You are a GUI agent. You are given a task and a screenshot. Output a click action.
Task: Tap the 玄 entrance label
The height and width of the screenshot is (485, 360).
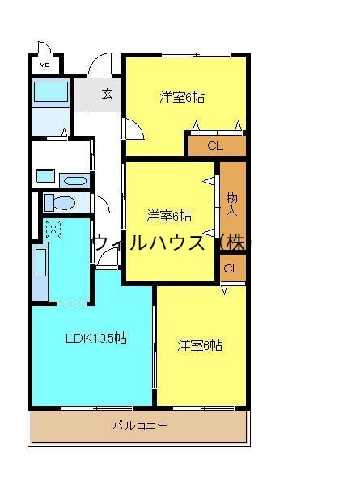(107, 93)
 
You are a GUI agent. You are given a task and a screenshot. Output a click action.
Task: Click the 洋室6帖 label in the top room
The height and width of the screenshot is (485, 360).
(181, 97)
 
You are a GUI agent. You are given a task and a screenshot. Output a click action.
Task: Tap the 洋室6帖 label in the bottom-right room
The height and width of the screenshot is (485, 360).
(199, 345)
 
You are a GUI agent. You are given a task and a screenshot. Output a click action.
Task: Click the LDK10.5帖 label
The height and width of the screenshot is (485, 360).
(95, 338)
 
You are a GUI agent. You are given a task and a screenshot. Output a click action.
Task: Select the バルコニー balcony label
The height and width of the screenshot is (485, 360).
(140, 426)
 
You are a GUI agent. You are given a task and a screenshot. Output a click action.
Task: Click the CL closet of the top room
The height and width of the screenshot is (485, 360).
(214, 146)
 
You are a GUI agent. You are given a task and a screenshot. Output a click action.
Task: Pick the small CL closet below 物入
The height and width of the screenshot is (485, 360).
(231, 268)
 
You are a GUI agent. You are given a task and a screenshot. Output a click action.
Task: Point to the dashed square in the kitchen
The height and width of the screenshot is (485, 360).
(53, 230)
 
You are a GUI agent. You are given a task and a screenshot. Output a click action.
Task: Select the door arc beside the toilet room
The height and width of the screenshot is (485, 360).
(101, 204)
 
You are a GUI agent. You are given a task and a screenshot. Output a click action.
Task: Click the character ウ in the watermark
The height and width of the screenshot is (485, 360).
(102, 242)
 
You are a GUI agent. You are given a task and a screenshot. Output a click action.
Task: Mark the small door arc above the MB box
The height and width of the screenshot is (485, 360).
(44, 48)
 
